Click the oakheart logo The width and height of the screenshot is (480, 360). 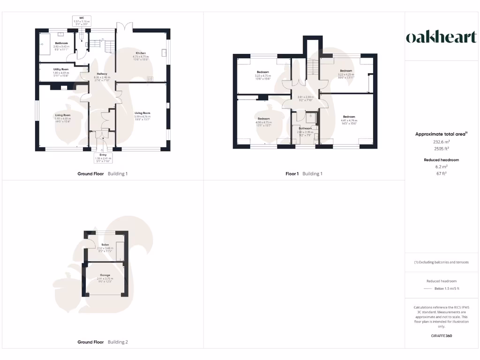pyautogui.click(x=441, y=37)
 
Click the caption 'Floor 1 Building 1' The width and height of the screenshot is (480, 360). pyautogui.click(x=304, y=174)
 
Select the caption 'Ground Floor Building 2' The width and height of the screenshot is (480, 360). pyautogui.click(x=102, y=342)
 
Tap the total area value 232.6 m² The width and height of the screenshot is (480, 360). pyautogui.click(x=441, y=141)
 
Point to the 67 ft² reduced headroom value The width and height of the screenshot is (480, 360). pyautogui.click(x=441, y=173)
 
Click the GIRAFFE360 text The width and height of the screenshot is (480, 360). pyautogui.click(x=441, y=336)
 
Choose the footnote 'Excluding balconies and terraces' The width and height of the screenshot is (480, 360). pyautogui.click(x=441, y=262)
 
